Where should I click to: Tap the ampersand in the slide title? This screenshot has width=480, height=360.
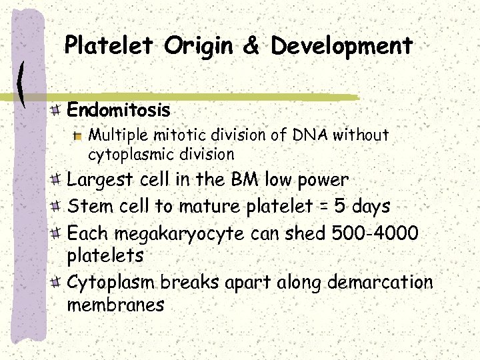pos(252,47)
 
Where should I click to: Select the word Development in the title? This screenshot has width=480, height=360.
pos(341,47)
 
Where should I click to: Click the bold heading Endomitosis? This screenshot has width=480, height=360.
pos(119,109)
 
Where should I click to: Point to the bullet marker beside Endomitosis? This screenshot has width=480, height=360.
pos(58,109)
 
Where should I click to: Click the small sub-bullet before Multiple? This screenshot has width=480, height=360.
pos(78,136)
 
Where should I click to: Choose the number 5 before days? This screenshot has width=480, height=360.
pos(339,206)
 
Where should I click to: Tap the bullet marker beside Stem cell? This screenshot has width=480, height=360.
pos(58,207)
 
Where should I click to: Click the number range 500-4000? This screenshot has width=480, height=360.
pos(377,233)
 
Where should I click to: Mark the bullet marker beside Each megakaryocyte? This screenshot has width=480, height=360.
pos(58,234)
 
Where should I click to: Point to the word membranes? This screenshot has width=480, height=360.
pos(115,305)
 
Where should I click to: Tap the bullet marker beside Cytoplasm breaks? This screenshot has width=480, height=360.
pos(58,283)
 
